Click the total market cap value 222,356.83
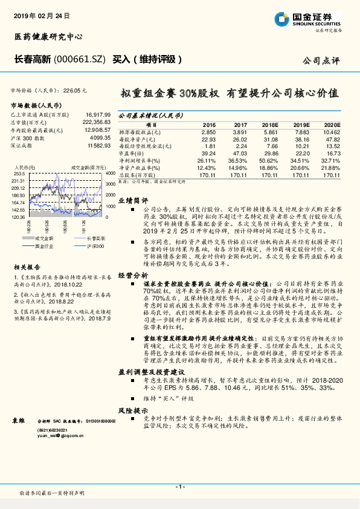[95, 122]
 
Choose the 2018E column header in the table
[272, 124]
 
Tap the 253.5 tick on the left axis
[18, 172]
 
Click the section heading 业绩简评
[132, 199]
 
